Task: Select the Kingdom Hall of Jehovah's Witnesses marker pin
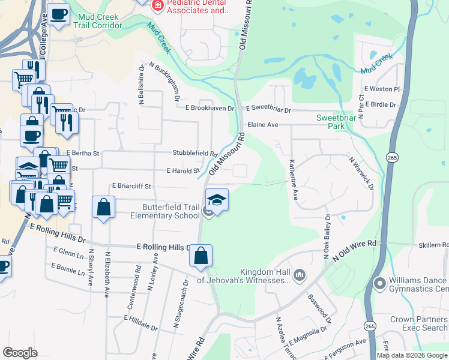300,275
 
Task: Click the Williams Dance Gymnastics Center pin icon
379,283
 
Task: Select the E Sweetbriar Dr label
269,110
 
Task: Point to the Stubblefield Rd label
195,154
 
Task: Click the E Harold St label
183,171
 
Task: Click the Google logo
20,352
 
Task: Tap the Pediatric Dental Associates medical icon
158,5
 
